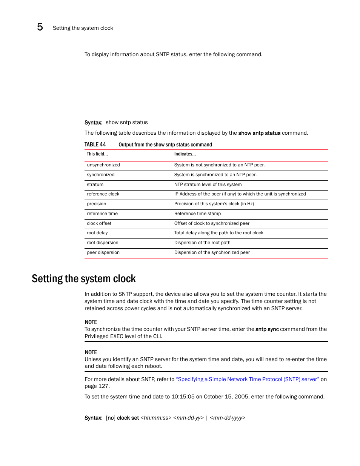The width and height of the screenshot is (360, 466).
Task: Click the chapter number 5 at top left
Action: (x=40, y=27)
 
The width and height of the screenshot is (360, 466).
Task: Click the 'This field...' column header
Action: (x=97, y=154)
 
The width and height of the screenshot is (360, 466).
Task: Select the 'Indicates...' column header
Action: (x=185, y=154)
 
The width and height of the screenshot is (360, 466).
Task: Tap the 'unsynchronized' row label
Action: (x=103, y=165)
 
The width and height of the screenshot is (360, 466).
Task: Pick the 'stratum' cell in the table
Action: (x=95, y=185)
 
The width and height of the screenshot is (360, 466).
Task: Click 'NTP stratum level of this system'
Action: (x=208, y=185)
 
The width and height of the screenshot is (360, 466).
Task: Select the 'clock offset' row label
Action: (x=99, y=223)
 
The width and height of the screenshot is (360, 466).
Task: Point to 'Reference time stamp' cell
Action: (x=197, y=214)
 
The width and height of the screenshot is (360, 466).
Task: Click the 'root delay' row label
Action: (x=97, y=233)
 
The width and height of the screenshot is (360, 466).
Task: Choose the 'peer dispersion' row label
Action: (x=103, y=252)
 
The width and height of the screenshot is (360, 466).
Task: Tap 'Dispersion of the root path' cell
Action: (x=202, y=243)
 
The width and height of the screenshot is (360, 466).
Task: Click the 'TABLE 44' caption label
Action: (x=95, y=145)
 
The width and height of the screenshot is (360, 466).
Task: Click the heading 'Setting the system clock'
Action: (x=84, y=279)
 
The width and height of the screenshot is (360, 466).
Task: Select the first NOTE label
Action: (x=91, y=322)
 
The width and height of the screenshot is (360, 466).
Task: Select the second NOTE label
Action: (x=91, y=352)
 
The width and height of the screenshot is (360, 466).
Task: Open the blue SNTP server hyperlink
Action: (x=248, y=379)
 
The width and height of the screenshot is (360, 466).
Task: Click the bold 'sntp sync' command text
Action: (x=267, y=329)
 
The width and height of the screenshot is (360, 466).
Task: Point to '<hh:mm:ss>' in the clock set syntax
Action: (x=156, y=418)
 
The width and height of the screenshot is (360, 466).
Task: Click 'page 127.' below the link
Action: (x=97, y=386)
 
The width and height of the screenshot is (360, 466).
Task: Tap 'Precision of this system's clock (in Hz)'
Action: (x=214, y=204)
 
